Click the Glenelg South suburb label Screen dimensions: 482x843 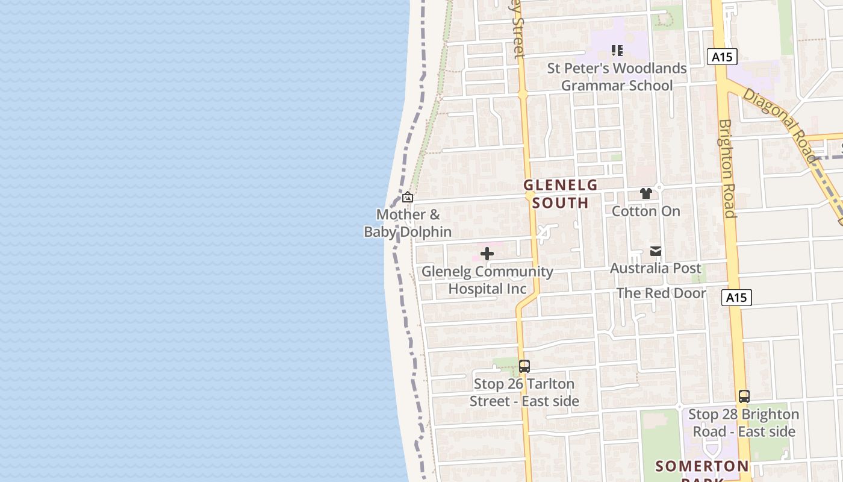tap(560, 193)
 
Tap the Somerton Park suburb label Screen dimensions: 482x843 tap(702, 467)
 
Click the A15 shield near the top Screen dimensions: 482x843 tap(721, 57)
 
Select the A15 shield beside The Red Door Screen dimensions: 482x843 tap(736, 297)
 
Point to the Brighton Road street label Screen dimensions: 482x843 tap(727, 168)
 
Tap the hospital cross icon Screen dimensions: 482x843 tap(487, 254)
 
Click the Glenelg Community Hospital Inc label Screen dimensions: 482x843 tap(487, 280)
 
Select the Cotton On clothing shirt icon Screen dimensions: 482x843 tap(646, 193)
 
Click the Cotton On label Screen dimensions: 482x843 tap(646, 211)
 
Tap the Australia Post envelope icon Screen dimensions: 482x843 tap(656, 251)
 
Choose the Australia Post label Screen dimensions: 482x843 tap(656, 268)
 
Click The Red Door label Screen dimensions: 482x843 tap(661, 293)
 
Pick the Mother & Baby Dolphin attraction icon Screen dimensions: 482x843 tap(408, 197)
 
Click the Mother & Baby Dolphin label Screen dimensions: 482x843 tap(408, 223)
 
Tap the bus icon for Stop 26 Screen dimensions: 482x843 tap(524, 366)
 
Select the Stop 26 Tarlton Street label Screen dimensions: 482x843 tap(524, 392)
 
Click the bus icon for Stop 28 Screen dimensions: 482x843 tap(744, 396)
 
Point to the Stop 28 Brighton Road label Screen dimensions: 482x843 tap(744, 423)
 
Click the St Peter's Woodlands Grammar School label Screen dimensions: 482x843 tap(617, 77)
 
